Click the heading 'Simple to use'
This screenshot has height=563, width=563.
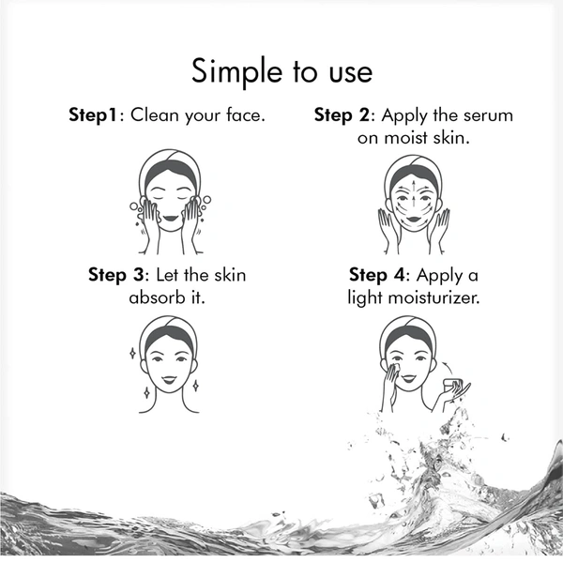(281, 71)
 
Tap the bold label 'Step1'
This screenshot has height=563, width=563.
(93, 115)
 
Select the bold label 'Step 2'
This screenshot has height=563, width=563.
(342, 115)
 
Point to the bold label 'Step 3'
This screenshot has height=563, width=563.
(116, 275)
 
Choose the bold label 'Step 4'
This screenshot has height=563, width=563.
(376, 275)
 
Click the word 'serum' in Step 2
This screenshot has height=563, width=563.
(488, 116)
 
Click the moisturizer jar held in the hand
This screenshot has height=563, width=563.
(451, 386)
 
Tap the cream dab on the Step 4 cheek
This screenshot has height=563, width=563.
(395, 368)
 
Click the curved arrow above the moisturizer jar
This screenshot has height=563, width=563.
(448, 369)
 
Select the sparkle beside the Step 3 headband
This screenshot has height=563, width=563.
(132, 354)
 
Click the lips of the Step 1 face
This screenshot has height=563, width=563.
(170, 218)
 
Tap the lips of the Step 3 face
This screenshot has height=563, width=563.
(169, 379)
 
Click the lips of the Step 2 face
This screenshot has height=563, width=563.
(414, 219)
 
